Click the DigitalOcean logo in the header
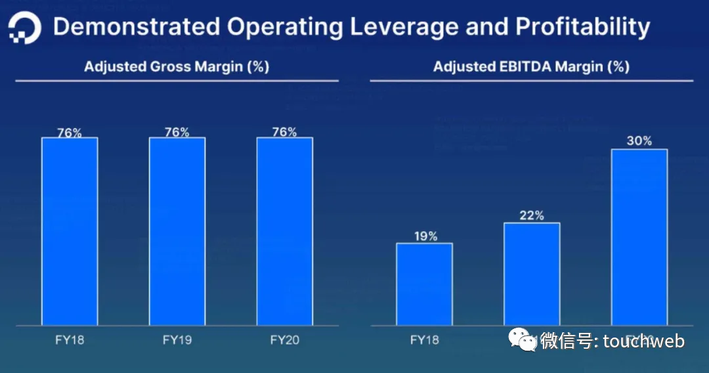(x=25, y=28)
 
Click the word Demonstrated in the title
(x=136, y=27)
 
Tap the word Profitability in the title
(x=582, y=27)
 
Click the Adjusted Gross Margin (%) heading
(x=177, y=66)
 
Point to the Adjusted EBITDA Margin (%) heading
(x=531, y=66)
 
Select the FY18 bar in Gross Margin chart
(x=70, y=231)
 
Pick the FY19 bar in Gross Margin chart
(x=177, y=231)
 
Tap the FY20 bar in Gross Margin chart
(x=284, y=231)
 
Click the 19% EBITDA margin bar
(x=424, y=284)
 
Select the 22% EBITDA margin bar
(x=532, y=274)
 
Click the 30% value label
(x=639, y=141)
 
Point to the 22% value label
(x=532, y=215)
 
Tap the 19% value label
(x=424, y=236)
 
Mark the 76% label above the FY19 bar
(x=177, y=132)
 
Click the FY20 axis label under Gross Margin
(x=284, y=340)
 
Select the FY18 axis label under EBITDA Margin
(x=424, y=340)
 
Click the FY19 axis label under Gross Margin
(x=177, y=340)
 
